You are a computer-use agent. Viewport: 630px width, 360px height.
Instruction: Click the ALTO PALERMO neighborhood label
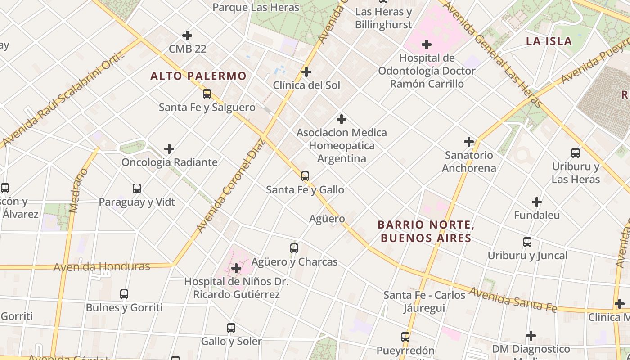point(198,76)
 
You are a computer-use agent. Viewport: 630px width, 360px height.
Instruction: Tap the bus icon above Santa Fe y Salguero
point(207,94)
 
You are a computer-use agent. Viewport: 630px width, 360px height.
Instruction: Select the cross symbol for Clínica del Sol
point(306,72)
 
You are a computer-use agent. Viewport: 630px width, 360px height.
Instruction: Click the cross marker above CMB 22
point(187,36)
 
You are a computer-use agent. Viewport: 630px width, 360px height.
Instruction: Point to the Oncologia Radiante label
point(169,162)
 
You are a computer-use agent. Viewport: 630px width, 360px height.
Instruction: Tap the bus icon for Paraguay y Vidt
point(137,189)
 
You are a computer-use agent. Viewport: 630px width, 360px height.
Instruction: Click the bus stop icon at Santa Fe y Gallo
point(305,176)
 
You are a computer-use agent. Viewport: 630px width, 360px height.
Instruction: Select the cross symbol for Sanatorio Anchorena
point(469,142)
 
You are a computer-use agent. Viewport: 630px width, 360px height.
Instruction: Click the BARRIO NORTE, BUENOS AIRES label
point(426,231)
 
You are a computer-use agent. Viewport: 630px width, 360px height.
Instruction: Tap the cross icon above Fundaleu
point(537,202)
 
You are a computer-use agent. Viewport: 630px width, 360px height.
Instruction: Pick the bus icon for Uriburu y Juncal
point(527,242)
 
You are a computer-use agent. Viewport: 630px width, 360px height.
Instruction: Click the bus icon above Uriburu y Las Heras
point(576,153)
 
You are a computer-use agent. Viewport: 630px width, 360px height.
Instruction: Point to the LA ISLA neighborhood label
point(549,41)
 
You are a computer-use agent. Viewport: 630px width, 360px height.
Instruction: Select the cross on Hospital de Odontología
point(426,45)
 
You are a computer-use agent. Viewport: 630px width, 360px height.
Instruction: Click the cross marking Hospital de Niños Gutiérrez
point(236,269)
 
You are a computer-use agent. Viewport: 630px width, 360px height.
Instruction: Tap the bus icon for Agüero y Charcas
point(294,248)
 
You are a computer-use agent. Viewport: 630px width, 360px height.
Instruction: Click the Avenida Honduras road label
point(102,266)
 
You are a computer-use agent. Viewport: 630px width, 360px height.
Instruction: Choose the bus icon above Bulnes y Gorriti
point(124,294)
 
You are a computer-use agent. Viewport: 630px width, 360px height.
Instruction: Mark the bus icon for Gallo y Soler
point(231,328)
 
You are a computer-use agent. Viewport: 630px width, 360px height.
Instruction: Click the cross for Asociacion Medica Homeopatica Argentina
point(342,119)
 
